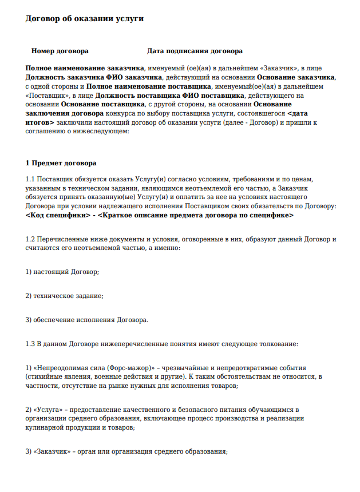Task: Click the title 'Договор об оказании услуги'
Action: pyautogui.click(x=84, y=18)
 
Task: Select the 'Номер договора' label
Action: pyautogui.click(x=60, y=51)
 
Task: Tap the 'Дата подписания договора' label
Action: pyautogui.click(x=195, y=51)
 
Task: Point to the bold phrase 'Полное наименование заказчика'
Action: pyautogui.click(x=85, y=68)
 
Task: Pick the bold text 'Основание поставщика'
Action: pyautogui.click(x=102, y=105)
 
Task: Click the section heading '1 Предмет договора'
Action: pyautogui.click(x=61, y=164)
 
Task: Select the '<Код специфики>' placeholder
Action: pyautogui.click(x=57, y=216)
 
